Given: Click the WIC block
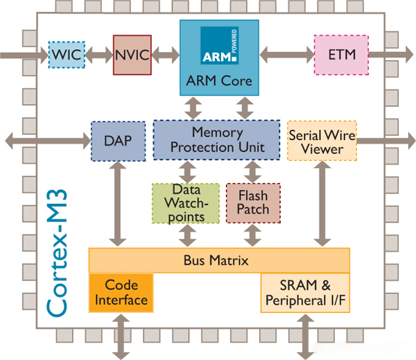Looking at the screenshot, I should click(67, 54).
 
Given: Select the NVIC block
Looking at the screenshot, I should click(132, 55).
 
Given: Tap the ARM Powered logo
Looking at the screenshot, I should click(219, 46).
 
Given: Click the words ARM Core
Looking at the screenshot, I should click(219, 82).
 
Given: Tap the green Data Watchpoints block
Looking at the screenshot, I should click(179, 203).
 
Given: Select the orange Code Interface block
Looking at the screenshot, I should click(121, 292).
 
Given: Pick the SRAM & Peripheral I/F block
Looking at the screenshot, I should click(304, 292).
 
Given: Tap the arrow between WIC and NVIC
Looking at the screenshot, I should click(98, 54).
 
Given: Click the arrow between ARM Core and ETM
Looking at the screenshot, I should click(286, 54).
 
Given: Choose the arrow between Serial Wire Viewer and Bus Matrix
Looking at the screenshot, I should click(321, 205).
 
